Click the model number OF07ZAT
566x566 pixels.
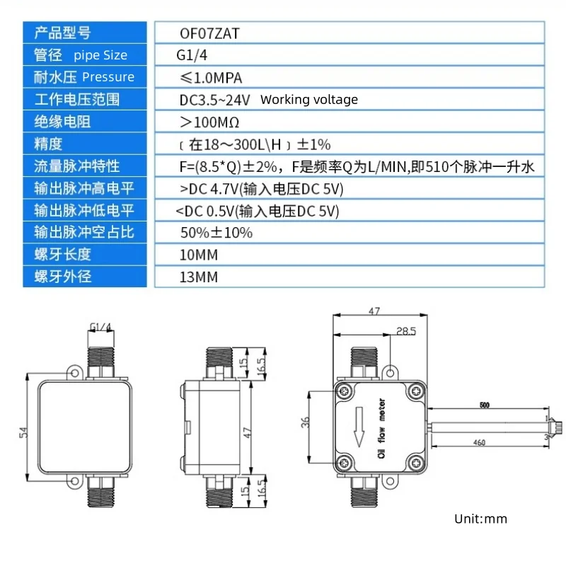click(209, 33)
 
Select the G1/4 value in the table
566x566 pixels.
click(192, 55)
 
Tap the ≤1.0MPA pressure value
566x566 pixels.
click(211, 78)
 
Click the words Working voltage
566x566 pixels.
click(309, 100)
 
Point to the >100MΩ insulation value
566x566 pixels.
click(209, 122)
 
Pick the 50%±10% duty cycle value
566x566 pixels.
click(216, 233)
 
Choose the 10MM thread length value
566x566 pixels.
click(199, 255)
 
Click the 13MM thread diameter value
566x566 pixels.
click(199, 277)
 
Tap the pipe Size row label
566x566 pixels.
click(100, 55)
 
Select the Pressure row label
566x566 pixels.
click(108, 77)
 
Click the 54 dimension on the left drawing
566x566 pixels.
click(23, 432)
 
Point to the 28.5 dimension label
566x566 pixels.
click(406, 331)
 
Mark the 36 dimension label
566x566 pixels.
click(306, 422)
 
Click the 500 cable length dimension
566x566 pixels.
click(485, 405)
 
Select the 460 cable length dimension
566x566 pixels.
click(480, 442)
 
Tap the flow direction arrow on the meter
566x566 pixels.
click(359, 427)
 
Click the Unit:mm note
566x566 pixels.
click(481, 519)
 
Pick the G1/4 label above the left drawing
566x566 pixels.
click(100, 327)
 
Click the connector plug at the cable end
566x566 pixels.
click(558, 427)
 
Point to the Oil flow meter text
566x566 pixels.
click(381, 429)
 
